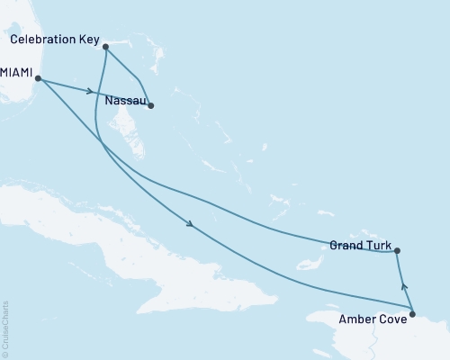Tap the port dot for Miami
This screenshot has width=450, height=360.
coord(39,79)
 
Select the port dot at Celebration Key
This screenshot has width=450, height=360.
coord(106,46)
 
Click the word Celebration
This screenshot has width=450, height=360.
coord(42,40)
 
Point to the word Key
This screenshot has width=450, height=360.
coord(90,40)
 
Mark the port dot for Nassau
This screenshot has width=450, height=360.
coord(150,106)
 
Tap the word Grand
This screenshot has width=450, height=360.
coord(346,244)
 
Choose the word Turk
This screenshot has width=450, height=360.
coord(378,244)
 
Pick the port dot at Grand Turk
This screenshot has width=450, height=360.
coord(397,251)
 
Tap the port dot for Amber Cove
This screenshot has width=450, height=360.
coord(412,314)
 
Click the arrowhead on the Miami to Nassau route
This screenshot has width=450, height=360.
coord(91,91)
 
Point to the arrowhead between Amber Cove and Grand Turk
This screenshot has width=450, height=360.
coord(403,286)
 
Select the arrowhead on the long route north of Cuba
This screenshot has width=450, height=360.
coord(190,225)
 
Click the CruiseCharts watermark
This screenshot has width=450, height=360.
coord(5,328)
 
